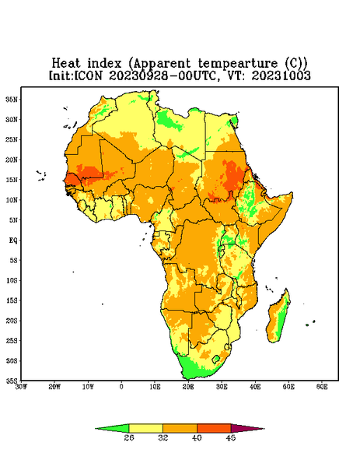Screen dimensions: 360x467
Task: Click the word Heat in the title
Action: click(x=66, y=64)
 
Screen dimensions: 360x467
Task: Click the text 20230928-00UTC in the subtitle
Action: click(x=163, y=75)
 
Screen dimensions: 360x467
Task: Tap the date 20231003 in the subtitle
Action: click(x=281, y=75)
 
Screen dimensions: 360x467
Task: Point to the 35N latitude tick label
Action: click(x=12, y=99)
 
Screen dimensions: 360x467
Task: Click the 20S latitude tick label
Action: click(x=12, y=321)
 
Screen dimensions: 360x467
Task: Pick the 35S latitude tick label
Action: click(x=12, y=381)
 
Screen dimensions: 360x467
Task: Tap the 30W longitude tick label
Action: click(x=21, y=387)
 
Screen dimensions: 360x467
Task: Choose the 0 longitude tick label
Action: click(x=121, y=387)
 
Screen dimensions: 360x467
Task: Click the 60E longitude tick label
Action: click(x=322, y=387)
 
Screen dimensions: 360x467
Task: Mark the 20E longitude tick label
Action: click(x=188, y=387)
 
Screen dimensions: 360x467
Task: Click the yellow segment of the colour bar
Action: click(x=145, y=428)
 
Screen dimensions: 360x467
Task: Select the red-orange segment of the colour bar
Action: click(x=214, y=428)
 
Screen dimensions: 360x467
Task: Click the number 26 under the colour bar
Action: click(x=129, y=437)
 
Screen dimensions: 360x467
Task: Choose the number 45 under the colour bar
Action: click(x=231, y=437)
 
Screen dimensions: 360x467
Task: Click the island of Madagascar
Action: click(x=280, y=318)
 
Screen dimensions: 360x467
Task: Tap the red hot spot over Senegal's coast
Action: click(x=72, y=180)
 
